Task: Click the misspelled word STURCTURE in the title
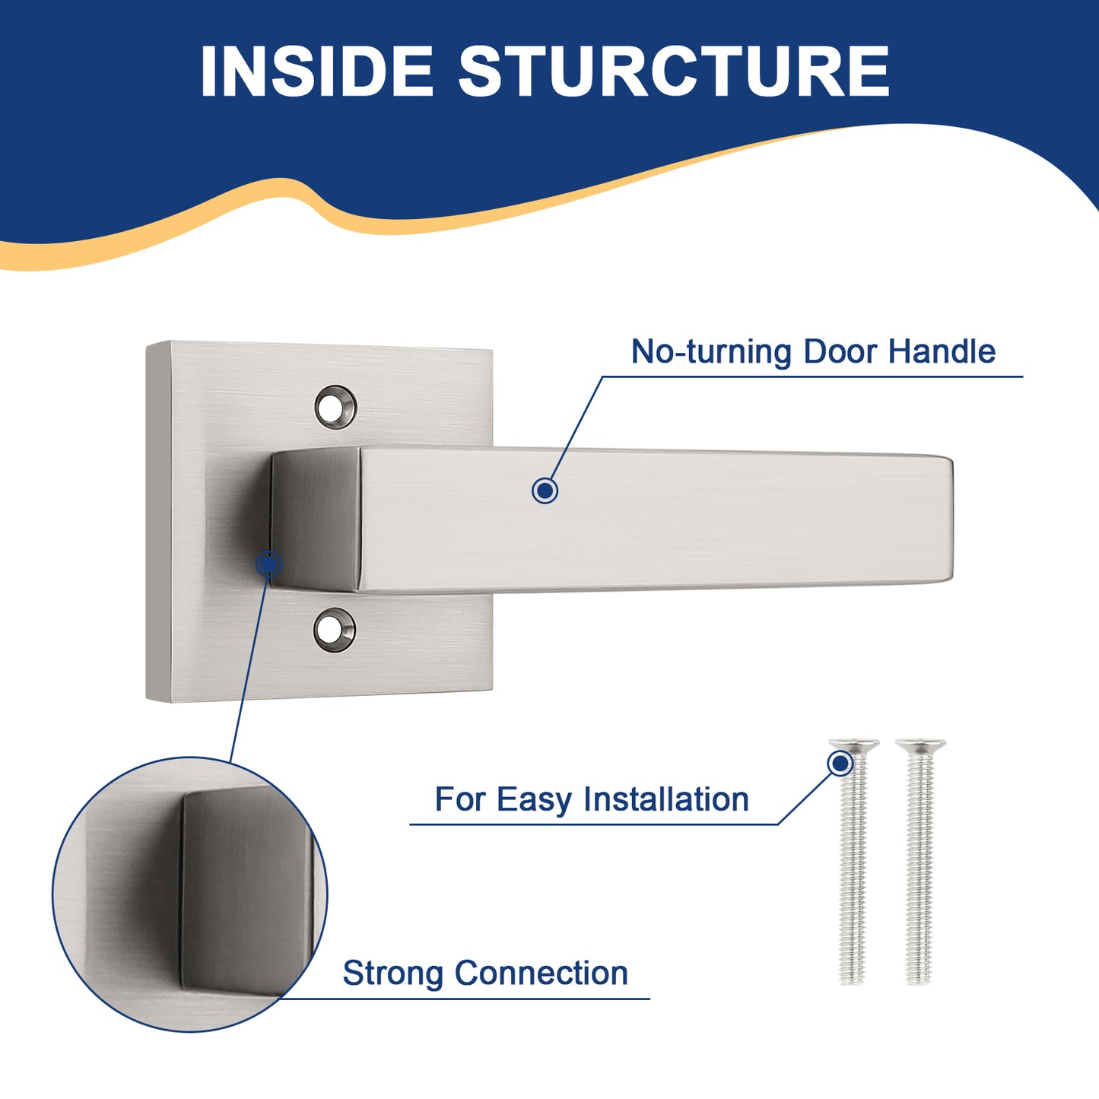tap(674, 71)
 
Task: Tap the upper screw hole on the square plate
tap(335, 407)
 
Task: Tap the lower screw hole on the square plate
tap(335, 630)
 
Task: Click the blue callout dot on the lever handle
tap(545, 491)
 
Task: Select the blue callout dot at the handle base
tap(268, 564)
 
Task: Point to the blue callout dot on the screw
tap(840, 763)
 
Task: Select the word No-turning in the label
tap(711, 352)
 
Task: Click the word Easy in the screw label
tap(533, 800)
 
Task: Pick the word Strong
tap(392, 974)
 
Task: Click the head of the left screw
tap(854, 744)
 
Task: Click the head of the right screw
tap(920, 744)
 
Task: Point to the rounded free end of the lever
tap(946, 519)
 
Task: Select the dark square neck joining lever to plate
tap(316, 519)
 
